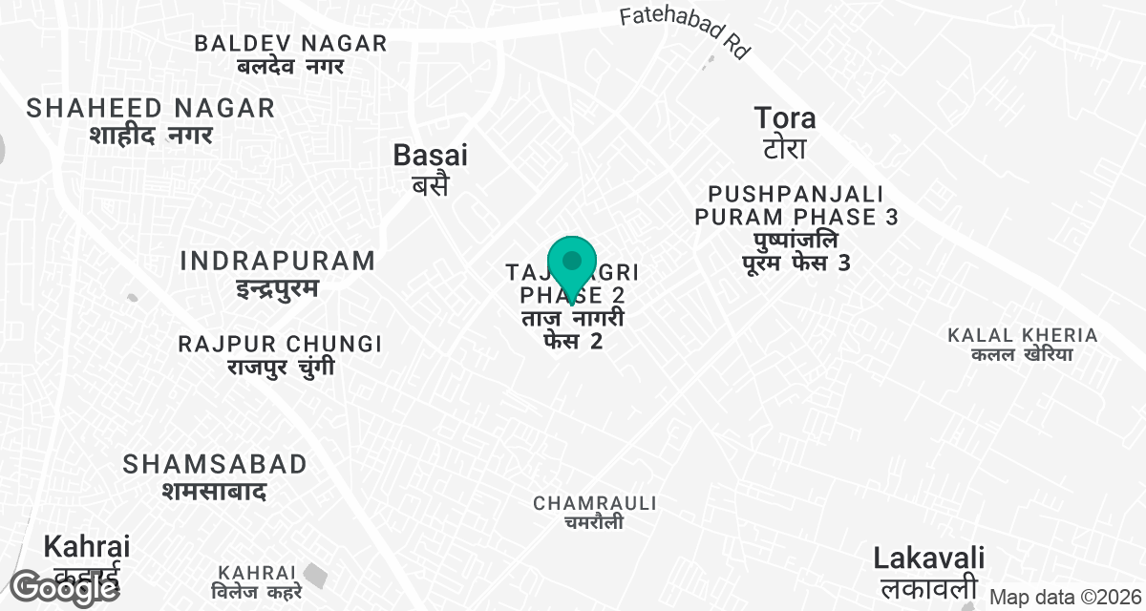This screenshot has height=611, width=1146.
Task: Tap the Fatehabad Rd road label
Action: click(683, 33)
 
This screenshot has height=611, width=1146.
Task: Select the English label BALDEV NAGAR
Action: click(290, 43)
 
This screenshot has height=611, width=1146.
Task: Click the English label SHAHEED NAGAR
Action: click(151, 108)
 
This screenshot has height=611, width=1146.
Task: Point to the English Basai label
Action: click(431, 155)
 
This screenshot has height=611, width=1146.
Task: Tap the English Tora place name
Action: click(785, 118)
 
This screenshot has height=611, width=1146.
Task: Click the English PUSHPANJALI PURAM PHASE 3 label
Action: click(796, 205)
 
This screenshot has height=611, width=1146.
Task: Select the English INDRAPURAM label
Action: click(277, 261)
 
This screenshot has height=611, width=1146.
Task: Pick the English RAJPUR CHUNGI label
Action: click(280, 344)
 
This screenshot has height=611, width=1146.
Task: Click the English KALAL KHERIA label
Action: click(1022, 335)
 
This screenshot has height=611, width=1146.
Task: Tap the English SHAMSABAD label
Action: click(215, 464)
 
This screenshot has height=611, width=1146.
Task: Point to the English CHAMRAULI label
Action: click(595, 502)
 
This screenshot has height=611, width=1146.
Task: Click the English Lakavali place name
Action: click(929, 558)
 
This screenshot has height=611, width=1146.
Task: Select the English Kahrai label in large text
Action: click(87, 547)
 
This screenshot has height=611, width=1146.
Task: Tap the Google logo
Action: click(65, 587)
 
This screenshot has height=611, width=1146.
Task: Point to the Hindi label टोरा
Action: click(785, 149)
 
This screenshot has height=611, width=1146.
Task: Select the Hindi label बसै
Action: click(431, 184)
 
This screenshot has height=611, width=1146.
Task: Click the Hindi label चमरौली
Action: click(593, 522)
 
